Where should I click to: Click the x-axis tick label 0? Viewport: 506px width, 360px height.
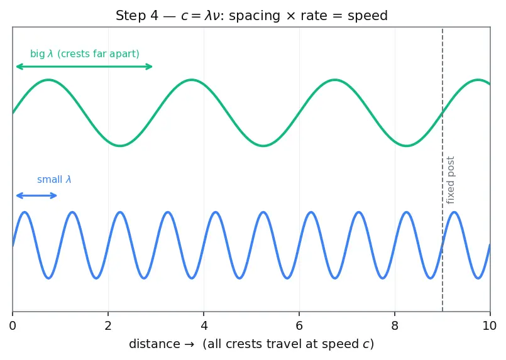[x=13, y=326]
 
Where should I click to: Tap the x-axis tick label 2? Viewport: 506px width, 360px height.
[x=108, y=326]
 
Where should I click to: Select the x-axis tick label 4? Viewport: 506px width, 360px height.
[x=204, y=326]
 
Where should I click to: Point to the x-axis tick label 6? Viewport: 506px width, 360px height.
[x=299, y=326]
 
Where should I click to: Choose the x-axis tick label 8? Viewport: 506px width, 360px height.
[x=395, y=326]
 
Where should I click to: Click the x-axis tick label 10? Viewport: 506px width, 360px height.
[x=490, y=326]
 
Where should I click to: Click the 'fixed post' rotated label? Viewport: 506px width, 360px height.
[x=450, y=180]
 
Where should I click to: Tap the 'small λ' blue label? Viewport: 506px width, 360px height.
[x=54, y=179]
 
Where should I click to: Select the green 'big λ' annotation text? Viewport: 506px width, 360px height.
[x=85, y=53]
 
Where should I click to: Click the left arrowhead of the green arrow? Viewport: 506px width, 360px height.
[x=17, y=67]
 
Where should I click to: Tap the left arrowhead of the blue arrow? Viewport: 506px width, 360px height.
[x=17, y=195]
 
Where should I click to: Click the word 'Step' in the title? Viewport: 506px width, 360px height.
[x=130, y=16]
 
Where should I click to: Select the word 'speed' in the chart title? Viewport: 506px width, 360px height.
[x=368, y=16]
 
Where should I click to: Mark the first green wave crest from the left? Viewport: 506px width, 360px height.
[x=48, y=80]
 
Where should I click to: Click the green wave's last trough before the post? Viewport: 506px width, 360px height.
[x=407, y=146]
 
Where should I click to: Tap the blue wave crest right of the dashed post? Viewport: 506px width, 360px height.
[x=454, y=212]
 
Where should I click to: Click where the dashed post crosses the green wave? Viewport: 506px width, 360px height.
[x=443, y=113]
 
